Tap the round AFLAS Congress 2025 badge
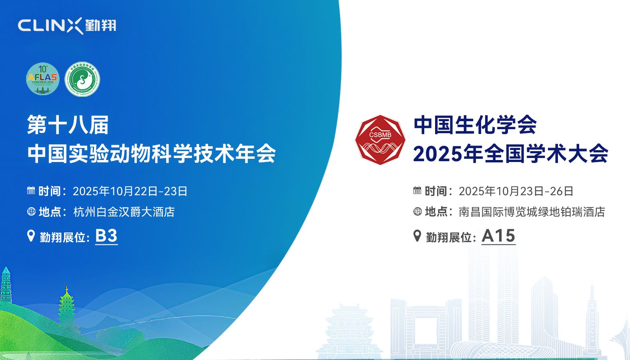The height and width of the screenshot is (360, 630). coord(42,79)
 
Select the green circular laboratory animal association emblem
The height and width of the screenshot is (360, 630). coord(82,79)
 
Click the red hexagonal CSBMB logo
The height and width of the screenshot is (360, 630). coord(380,140)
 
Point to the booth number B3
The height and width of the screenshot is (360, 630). coord(106,236)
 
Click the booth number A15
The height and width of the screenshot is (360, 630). coord(498,236)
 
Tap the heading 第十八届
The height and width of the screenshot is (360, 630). coord(68,125)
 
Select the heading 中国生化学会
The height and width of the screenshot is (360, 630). coord(475,125)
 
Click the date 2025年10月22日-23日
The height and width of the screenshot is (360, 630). coord(130,191)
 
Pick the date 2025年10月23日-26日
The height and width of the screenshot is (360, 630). coord(516,191)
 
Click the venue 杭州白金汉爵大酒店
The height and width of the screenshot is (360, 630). coord(124,212)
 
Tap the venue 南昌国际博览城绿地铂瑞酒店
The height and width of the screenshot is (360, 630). coord(532,212)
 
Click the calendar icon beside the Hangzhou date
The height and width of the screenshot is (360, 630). coord(31,190)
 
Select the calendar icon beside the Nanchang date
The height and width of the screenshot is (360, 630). coord(417,190)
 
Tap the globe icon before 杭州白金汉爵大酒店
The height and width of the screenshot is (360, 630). coord(31,211)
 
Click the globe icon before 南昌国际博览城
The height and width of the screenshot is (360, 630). coord(417,211)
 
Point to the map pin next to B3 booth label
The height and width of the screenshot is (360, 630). coord(31,236)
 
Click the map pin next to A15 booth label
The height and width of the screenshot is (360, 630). coord(417,236)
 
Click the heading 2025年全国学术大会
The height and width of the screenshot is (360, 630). coord(510,154)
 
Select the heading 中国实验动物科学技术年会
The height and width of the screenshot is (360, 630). coord(152,154)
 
